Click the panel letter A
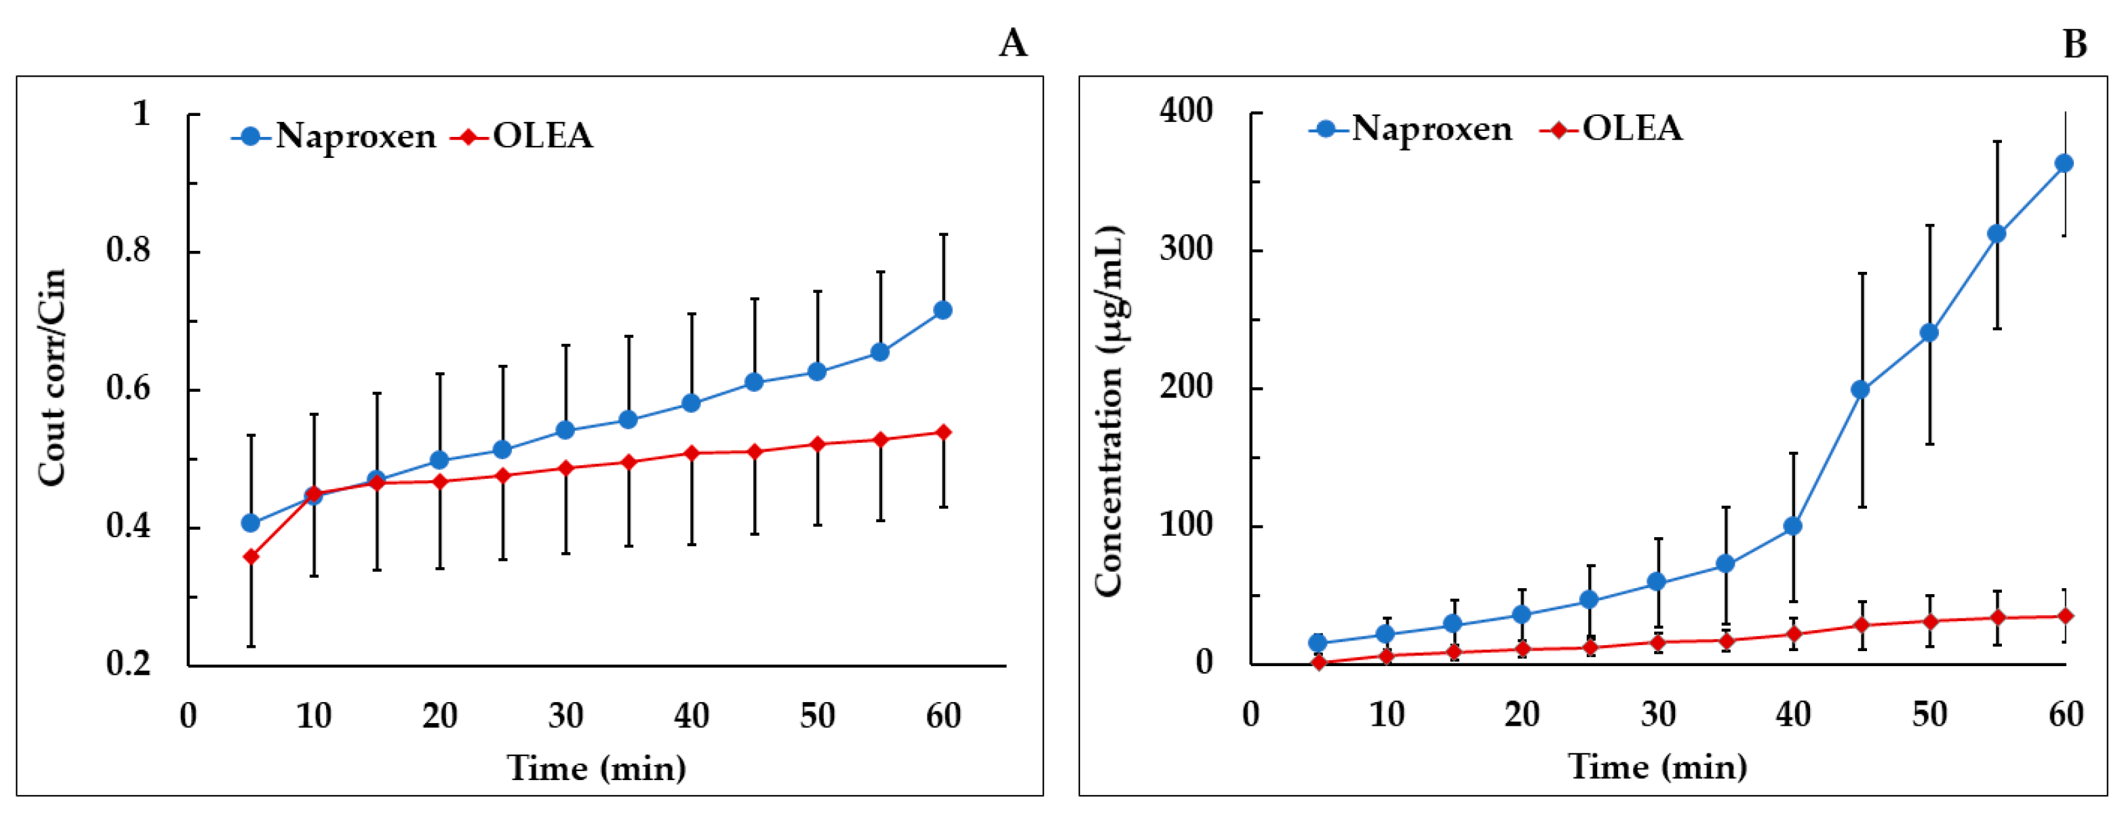click(1013, 43)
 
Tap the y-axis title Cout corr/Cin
click(51, 377)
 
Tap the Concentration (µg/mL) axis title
click(1109, 410)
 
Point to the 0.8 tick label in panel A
click(129, 250)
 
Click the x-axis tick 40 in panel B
click(1792, 714)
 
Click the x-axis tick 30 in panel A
click(566, 716)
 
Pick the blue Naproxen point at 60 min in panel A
click(942, 310)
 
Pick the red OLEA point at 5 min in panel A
click(251, 557)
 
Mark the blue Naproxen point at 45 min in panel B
click(1860, 390)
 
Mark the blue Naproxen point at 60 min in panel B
click(2063, 164)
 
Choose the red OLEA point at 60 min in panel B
click(2065, 616)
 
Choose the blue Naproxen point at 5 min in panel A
click(251, 523)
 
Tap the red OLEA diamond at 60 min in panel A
click(943, 433)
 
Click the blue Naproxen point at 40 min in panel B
click(1792, 526)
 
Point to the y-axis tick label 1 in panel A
click(142, 113)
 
